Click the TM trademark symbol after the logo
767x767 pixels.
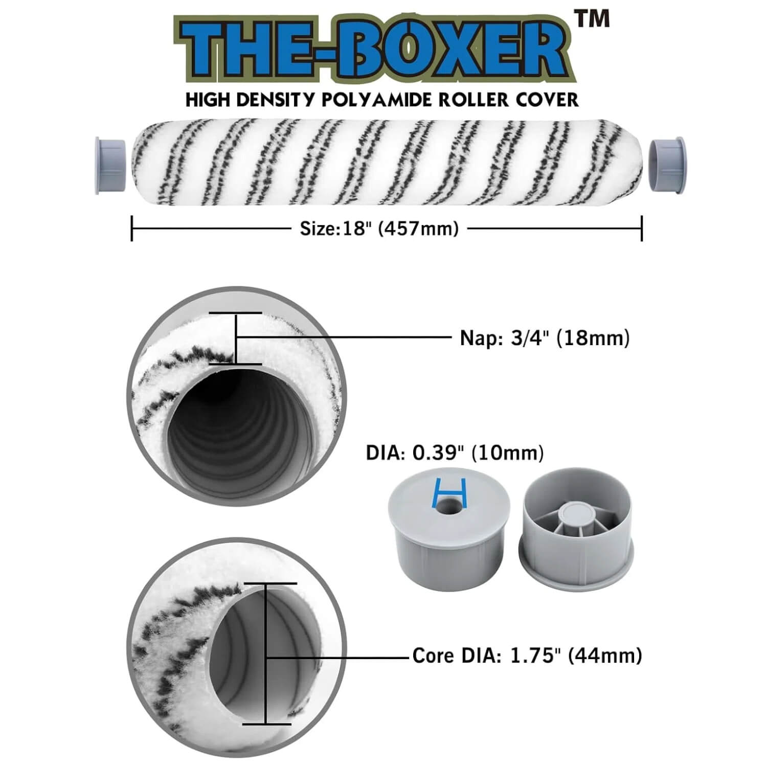point(593,19)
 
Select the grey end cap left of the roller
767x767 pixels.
point(110,165)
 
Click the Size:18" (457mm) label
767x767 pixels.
point(379,229)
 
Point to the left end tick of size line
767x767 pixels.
point(132,228)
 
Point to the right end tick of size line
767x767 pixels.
point(641,228)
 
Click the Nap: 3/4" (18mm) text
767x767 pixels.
point(545,338)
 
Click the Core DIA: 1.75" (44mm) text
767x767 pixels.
point(527,655)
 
